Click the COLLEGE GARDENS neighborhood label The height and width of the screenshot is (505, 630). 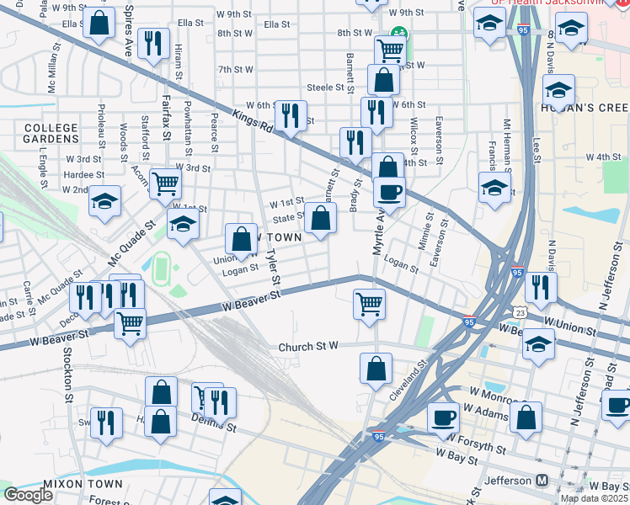tap(51, 133)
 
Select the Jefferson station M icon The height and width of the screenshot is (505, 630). tap(542, 481)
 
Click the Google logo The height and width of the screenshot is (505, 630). tap(28, 495)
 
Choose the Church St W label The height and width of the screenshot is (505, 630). tap(307, 346)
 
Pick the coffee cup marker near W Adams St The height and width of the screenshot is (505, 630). tap(443, 417)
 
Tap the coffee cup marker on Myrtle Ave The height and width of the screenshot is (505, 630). tap(389, 191)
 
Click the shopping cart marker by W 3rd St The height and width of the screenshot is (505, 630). tap(165, 183)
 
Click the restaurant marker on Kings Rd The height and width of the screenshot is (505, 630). tap(291, 116)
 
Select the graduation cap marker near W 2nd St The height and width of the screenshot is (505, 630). tap(105, 200)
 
